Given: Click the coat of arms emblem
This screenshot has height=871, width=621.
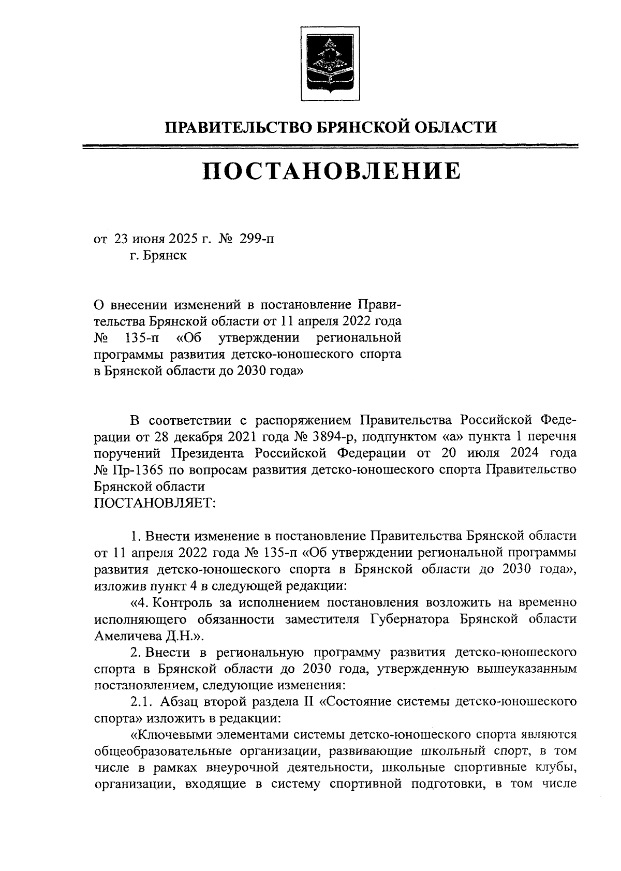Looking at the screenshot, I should (x=330, y=65).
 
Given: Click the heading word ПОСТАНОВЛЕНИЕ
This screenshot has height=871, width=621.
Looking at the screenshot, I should (x=331, y=171).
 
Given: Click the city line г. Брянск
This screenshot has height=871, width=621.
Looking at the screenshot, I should (x=158, y=256).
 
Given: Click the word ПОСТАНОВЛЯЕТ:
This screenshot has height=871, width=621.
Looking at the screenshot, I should (x=155, y=503).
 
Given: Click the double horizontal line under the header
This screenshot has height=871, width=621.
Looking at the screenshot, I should (x=331, y=147).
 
